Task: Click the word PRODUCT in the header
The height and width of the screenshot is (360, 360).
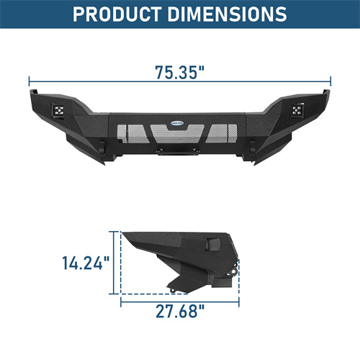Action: click(x=117, y=14)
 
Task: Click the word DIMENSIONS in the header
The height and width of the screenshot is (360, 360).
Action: click(x=227, y=14)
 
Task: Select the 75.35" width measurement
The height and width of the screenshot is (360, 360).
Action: click(x=179, y=72)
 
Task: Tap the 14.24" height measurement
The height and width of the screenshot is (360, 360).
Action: click(x=86, y=263)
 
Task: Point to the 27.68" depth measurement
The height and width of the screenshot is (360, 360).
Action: click(x=180, y=311)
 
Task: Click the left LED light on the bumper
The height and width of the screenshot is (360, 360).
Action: click(x=58, y=110)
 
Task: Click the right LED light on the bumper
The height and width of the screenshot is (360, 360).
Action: click(x=298, y=109)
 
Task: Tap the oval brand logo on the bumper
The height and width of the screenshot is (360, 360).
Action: click(x=177, y=123)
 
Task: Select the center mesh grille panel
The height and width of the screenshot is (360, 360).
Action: click(x=177, y=133)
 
